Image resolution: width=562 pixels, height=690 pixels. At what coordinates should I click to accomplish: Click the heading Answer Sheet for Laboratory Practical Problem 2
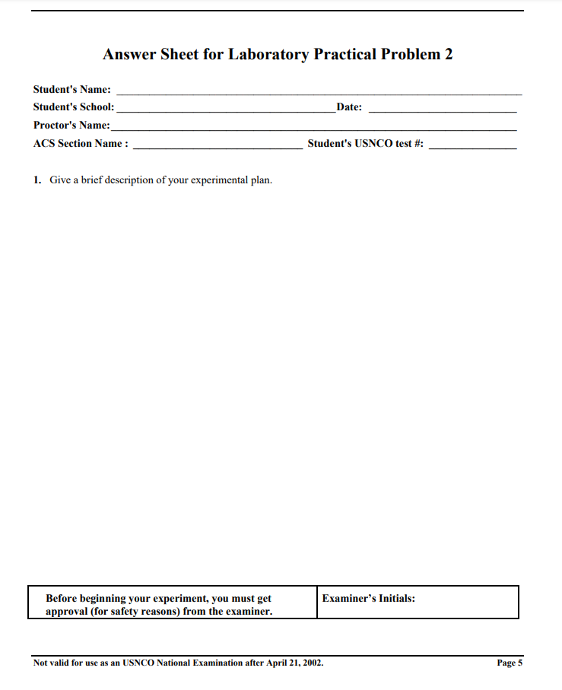click(x=278, y=55)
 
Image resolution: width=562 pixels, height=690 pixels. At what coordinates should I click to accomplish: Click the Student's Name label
click(x=71, y=90)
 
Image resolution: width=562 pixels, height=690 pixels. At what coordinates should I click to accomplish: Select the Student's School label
click(x=74, y=107)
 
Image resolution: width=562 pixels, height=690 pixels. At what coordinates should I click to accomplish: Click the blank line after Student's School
click(x=225, y=111)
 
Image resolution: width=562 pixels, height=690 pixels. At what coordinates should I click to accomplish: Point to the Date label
click(x=349, y=107)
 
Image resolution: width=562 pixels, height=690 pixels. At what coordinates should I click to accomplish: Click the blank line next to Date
click(x=443, y=111)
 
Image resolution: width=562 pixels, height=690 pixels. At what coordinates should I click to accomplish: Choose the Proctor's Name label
click(x=71, y=126)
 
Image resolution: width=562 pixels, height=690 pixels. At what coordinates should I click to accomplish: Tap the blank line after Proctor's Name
click(x=313, y=129)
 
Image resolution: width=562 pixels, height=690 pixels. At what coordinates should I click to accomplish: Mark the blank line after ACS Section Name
click(x=217, y=148)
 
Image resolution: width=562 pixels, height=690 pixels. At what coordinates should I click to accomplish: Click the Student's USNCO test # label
click(x=365, y=144)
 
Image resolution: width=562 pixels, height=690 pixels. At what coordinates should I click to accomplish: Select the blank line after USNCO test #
click(x=472, y=148)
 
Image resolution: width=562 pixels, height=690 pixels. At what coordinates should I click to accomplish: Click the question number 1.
click(x=37, y=180)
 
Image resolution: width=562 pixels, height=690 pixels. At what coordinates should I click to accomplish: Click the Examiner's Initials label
click(x=368, y=599)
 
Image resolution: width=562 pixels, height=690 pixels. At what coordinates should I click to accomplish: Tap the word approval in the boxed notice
click(x=68, y=612)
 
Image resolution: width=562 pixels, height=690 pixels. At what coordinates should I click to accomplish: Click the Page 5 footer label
click(x=509, y=663)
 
